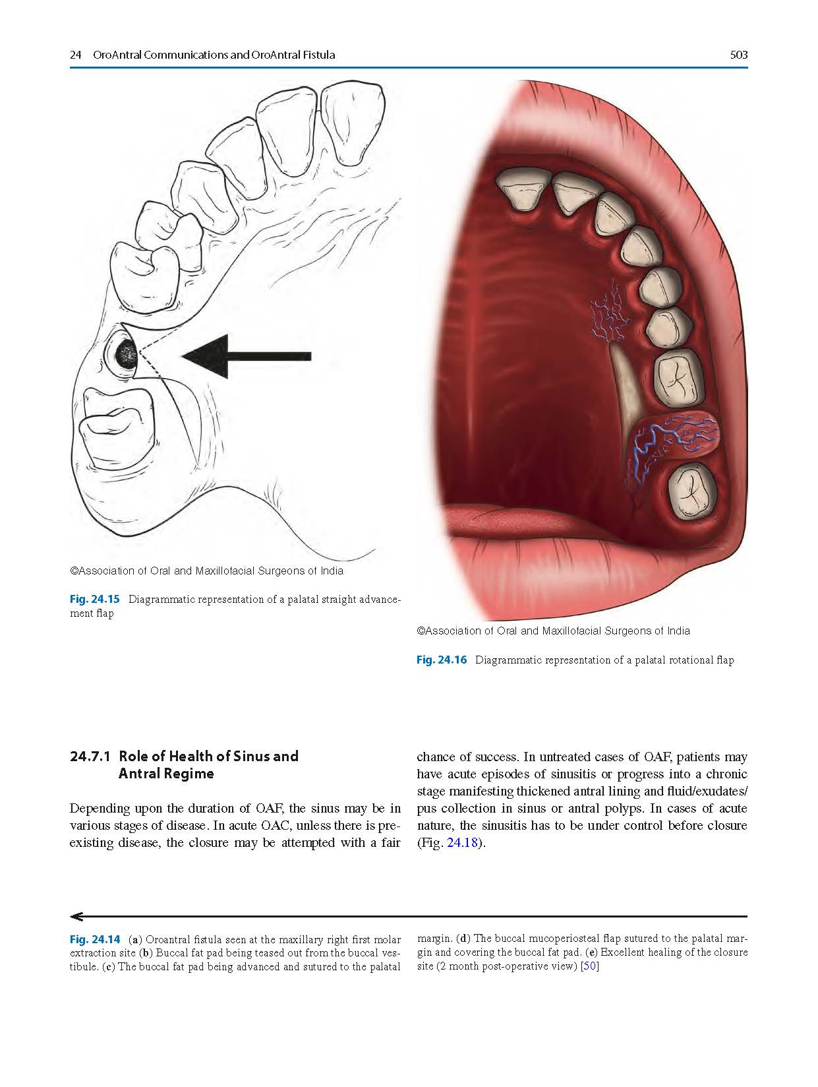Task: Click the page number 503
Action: click(x=739, y=55)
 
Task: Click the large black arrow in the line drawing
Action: click(x=246, y=356)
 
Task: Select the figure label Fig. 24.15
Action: click(x=95, y=600)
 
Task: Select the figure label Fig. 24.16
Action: click(x=442, y=660)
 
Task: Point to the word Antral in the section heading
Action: click(x=139, y=774)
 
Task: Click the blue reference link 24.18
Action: click(x=461, y=843)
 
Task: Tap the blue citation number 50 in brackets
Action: click(x=590, y=967)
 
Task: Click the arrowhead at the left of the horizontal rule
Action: click(x=76, y=916)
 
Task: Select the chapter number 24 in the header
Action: click(x=75, y=55)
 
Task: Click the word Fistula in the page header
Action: click(x=316, y=55)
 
